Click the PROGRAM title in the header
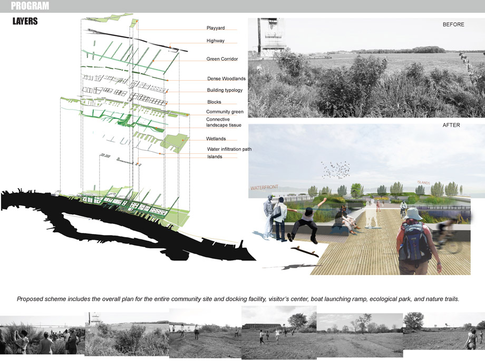[x=30, y=6]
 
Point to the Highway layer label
[x=216, y=41]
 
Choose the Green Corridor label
[x=222, y=59]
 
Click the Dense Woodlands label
[x=226, y=79]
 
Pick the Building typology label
[x=225, y=90]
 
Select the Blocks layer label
[x=214, y=102]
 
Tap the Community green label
[x=225, y=112]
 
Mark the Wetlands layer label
[x=216, y=139]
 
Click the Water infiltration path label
[x=229, y=149]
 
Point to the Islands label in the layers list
[x=215, y=157]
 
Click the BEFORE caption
[x=453, y=24]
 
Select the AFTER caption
[x=452, y=125]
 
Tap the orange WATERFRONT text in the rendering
[x=264, y=187]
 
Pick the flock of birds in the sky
[x=338, y=170]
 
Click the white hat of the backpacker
[x=414, y=213]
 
